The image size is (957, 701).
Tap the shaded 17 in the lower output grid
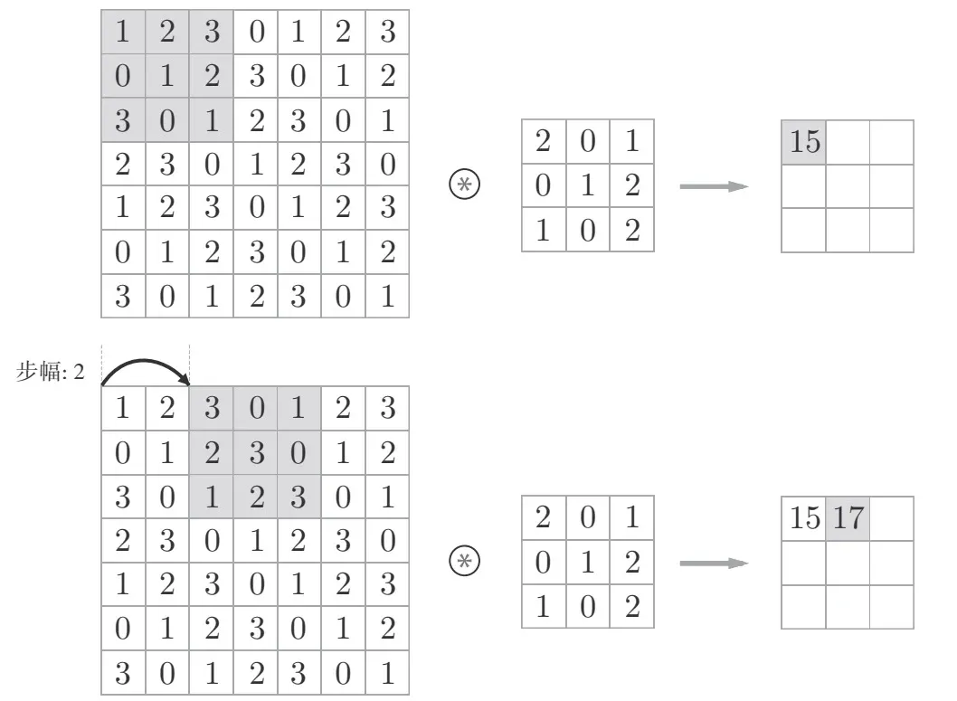tap(848, 519)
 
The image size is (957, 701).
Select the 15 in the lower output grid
tap(803, 519)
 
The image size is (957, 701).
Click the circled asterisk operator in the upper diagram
tap(462, 186)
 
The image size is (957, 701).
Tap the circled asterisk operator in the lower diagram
tap(462, 563)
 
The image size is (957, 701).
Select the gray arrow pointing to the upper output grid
tap(714, 186)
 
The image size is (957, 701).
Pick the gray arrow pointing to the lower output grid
tap(714, 563)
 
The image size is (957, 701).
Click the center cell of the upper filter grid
tap(588, 186)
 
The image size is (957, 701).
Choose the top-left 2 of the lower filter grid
tap(544, 519)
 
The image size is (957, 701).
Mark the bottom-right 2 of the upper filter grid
tap(632, 230)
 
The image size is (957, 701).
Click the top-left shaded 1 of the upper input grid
tap(123, 33)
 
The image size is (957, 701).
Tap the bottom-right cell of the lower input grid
tap(387, 673)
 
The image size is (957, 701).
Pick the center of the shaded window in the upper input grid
tap(166, 77)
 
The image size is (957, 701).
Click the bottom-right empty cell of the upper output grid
tap(891, 230)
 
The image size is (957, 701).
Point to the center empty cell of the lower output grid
tap(848, 563)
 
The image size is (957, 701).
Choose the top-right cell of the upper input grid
tap(387, 33)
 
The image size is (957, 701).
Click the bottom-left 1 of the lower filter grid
tap(544, 606)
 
